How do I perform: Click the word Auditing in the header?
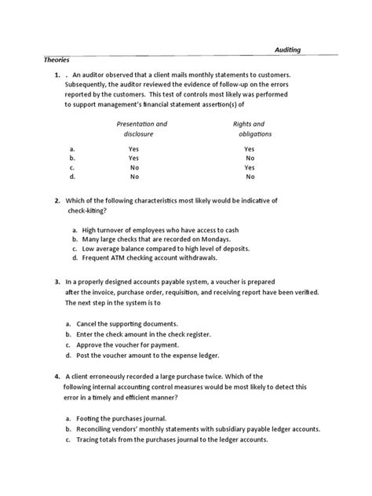pyautogui.click(x=286, y=49)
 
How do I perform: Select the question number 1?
pyautogui.click(x=57, y=75)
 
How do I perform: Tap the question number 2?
pyautogui.click(x=57, y=201)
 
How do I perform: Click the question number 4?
pyautogui.click(x=57, y=375)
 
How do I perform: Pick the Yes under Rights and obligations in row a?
pyautogui.click(x=249, y=148)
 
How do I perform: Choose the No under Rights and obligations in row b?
pyautogui.click(x=249, y=158)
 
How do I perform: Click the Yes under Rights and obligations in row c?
pyautogui.click(x=249, y=167)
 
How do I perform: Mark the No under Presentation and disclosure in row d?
pyautogui.click(x=134, y=177)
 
